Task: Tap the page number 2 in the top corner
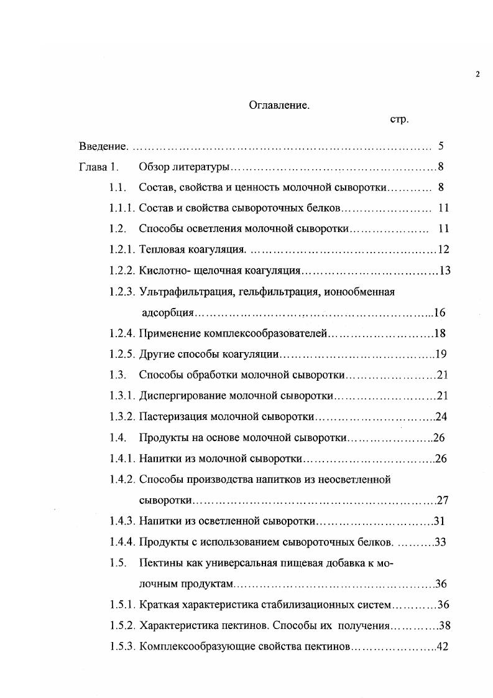(x=477, y=75)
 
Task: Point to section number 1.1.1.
(x=122, y=208)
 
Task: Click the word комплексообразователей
(x=265, y=333)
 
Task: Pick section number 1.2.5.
(x=122, y=355)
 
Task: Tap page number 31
(x=439, y=521)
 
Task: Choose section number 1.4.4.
(x=122, y=542)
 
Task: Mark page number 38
(x=444, y=625)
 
